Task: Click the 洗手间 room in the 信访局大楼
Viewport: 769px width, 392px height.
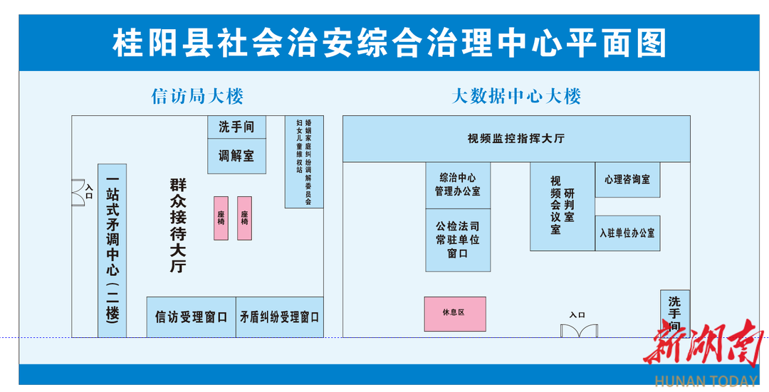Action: coord(236,127)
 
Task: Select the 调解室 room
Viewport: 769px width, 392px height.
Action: coord(236,156)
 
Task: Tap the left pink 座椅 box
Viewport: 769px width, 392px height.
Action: coord(221,218)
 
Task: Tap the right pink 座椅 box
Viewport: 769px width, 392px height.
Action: coord(244,218)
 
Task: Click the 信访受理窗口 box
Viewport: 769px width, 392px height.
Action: coord(191,317)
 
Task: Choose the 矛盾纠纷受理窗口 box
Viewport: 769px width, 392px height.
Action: coord(280,317)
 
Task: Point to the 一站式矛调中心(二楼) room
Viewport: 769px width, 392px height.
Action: coord(112,250)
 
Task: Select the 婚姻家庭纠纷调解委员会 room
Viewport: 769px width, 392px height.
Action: coord(304,162)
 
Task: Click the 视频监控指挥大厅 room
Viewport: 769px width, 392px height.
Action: coord(516,139)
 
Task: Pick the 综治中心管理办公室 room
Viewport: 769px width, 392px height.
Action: coord(458,185)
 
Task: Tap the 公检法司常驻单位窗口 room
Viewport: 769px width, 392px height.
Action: coord(458,240)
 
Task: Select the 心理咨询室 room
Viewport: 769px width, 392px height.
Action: coord(627,180)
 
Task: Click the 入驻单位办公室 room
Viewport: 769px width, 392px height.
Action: coord(627,233)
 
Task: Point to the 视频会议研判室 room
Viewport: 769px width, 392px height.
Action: coord(562,206)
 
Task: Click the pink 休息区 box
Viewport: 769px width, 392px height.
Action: coord(454,313)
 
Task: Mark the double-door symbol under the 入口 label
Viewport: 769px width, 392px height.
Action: coord(578,330)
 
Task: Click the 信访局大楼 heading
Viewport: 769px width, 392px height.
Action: coord(197,96)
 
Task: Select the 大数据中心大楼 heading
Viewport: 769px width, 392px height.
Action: coord(516,96)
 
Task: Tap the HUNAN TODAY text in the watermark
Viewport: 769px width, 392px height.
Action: coord(706,381)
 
